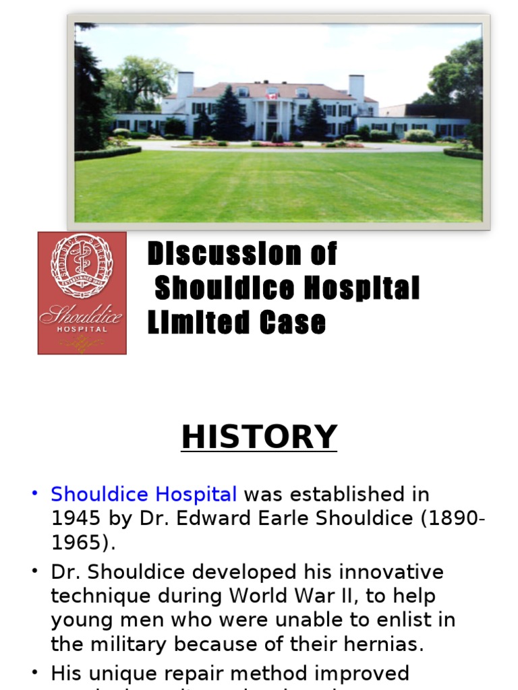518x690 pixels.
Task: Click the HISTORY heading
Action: (x=259, y=437)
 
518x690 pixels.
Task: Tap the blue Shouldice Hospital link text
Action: (x=144, y=495)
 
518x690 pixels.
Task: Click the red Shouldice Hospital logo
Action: (x=82, y=293)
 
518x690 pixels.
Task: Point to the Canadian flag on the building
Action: (x=272, y=96)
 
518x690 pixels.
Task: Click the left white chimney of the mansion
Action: (x=185, y=86)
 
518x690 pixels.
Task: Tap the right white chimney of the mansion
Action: (x=356, y=88)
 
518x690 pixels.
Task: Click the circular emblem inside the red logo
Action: (x=82, y=265)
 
